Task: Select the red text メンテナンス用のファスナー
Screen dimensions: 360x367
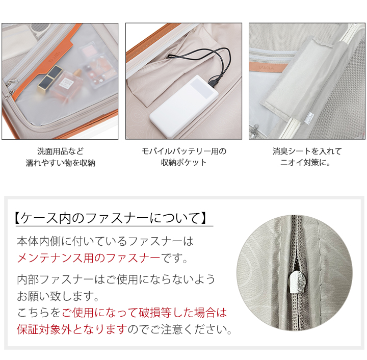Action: point(89,258)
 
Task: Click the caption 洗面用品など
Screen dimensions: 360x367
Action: point(60,151)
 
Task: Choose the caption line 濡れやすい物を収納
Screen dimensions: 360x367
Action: point(60,163)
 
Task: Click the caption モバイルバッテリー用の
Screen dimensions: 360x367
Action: point(183,151)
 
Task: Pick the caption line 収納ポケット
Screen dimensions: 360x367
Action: point(183,163)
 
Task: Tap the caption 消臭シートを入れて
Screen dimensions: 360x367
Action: point(307,151)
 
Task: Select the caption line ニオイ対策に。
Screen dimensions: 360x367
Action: point(307,163)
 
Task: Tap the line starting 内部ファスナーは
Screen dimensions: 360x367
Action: point(116,279)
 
